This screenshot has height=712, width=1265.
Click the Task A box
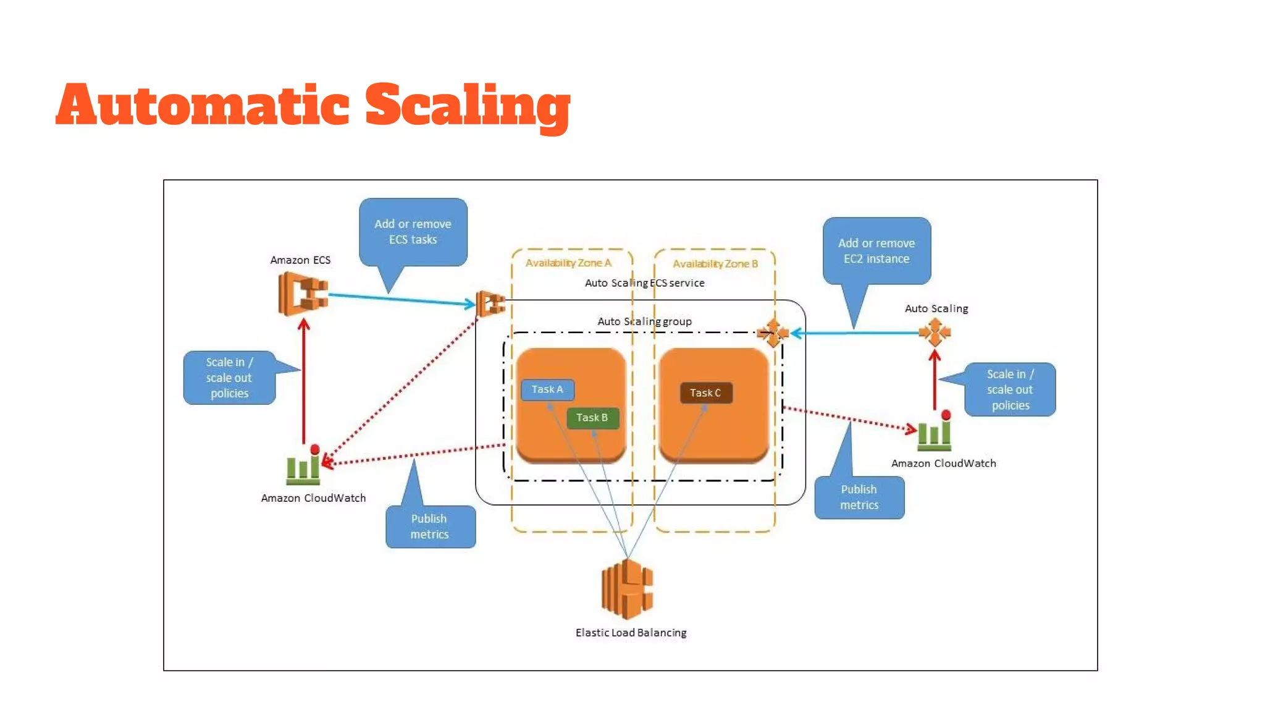(547, 389)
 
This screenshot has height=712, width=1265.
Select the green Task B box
(592, 418)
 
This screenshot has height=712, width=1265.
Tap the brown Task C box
(705, 393)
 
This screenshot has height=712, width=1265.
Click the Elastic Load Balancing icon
(628, 589)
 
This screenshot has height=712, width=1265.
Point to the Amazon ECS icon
(303, 294)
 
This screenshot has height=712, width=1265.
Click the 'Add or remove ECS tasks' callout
(413, 232)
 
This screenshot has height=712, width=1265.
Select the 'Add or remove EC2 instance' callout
(876, 251)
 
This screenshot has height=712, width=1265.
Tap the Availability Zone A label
(568, 263)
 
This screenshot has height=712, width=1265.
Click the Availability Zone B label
(715, 264)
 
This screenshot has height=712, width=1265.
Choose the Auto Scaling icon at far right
(935, 333)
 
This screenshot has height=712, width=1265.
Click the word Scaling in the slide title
(467, 106)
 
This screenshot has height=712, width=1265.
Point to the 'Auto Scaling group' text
(644, 321)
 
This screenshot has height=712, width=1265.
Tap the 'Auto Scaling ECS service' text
(644, 283)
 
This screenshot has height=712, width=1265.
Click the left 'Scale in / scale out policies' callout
(229, 378)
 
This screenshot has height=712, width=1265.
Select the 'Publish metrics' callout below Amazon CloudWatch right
(859, 498)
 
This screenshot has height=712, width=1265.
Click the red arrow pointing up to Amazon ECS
(303, 383)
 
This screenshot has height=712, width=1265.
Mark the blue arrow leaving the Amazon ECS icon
(401, 300)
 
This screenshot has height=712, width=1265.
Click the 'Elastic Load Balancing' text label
(631, 633)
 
